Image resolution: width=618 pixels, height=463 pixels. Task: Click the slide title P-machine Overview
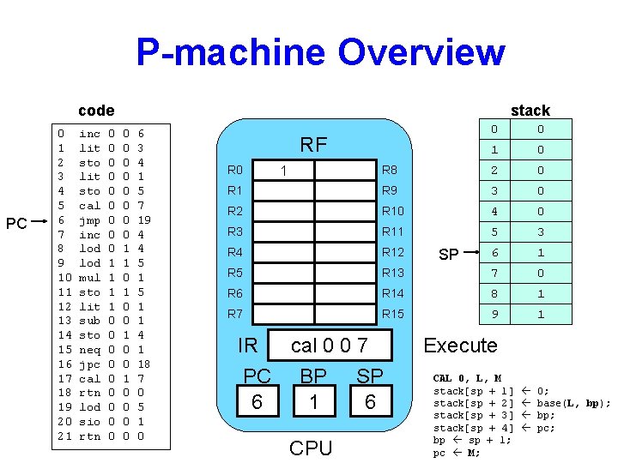[320, 51]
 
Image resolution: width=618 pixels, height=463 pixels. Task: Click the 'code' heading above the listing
[95, 110]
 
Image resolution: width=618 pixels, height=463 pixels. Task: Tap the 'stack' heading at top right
[530, 110]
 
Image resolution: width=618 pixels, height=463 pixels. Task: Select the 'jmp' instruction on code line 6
[88, 219]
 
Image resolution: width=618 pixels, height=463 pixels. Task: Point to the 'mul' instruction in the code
[89, 277]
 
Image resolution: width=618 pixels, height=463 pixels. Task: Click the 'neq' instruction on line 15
[89, 349]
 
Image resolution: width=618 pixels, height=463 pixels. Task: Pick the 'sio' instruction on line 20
[89, 421]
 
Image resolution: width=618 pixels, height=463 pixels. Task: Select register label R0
[235, 170]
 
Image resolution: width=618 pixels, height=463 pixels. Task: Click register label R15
[392, 314]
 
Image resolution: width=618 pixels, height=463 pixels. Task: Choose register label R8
[390, 170]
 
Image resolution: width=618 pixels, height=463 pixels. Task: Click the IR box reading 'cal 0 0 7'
[329, 346]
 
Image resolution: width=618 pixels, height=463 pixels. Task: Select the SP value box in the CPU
[370, 402]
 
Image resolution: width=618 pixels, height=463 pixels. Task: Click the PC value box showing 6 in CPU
[257, 402]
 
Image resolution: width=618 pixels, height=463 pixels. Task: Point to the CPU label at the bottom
[311, 448]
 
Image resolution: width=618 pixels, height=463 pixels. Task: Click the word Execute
[460, 346]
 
